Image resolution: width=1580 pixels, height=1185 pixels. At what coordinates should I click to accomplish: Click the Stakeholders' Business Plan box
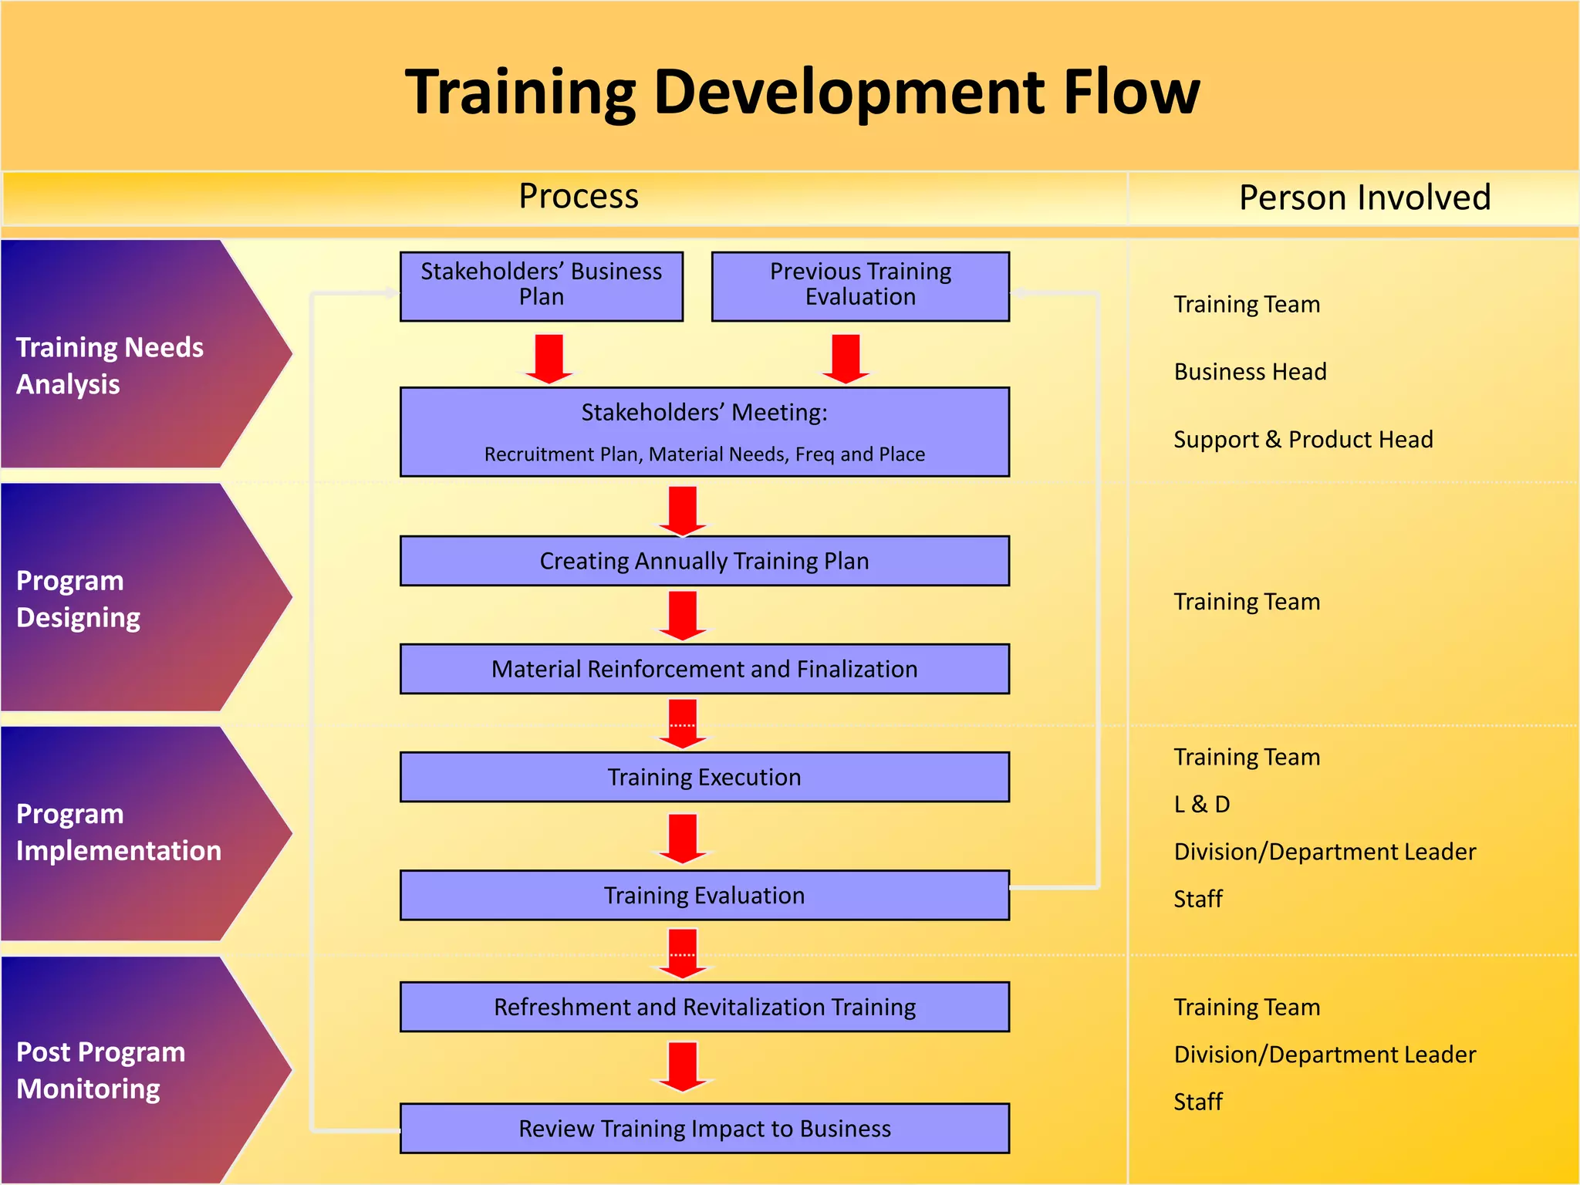click(x=541, y=285)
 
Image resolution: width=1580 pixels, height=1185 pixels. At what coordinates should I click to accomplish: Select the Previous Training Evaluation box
click(x=860, y=285)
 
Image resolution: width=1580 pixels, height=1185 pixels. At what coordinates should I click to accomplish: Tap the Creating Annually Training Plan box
click(x=704, y=561)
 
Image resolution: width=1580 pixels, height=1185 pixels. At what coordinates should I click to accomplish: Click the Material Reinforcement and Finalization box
click(x=704, y=669)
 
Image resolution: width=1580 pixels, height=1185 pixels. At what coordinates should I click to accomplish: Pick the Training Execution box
click(x=704, y=777)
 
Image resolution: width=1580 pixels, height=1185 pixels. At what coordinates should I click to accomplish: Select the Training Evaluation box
click(x=704, y=895)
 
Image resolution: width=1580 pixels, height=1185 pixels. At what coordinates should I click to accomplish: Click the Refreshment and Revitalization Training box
click(x=704, y=1007)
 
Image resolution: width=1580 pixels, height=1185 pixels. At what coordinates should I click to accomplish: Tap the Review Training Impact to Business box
click(x=704, y=1129)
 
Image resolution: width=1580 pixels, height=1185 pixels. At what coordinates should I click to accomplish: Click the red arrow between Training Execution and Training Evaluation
click(x=683, y=838)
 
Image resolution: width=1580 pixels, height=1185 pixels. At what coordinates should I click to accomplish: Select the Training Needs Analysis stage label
click(x=110, y=365)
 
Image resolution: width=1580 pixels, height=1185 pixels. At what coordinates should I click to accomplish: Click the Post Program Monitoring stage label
click(x=100, y=1070)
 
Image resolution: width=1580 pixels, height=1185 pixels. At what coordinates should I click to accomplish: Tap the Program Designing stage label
click(x=78, y=599)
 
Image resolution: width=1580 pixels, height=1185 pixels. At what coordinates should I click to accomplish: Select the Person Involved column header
click(x=1364, y=197)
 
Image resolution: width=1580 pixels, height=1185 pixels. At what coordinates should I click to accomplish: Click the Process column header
click(x=579, y=196)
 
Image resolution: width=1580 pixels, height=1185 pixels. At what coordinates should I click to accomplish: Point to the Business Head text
click(x=1250, y=372)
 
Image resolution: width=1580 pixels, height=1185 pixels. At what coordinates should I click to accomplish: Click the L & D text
click(x=1201, y=805)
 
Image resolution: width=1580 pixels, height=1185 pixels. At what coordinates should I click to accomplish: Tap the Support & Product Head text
click(x=1303, y=440)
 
